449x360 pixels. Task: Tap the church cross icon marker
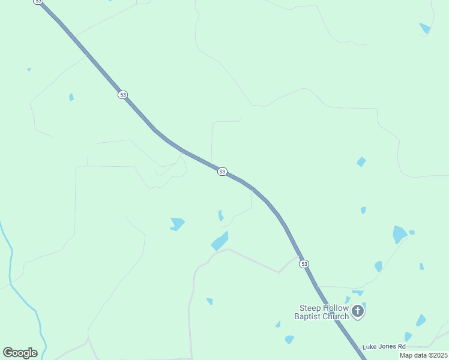[x=358, y=311]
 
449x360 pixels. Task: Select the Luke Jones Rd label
[x=385, y=347]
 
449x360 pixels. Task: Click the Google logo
[x=20, y=352]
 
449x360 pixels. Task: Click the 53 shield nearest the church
[x=304, y=264]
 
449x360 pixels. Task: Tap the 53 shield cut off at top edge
[x=39, y=2]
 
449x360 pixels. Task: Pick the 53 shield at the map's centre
[x=222, y=172]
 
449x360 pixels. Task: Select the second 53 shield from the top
[x=122, y=95]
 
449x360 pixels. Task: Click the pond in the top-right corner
[x=425, y=28]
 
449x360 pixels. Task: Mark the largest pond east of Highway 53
[x=399, y=233]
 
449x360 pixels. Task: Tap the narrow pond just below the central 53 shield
[x=221, y=215]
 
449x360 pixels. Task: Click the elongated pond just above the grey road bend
[x=220, y=241]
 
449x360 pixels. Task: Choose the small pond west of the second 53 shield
[x=71, y=97]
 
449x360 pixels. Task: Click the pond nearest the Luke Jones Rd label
[x=408, y=337]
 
